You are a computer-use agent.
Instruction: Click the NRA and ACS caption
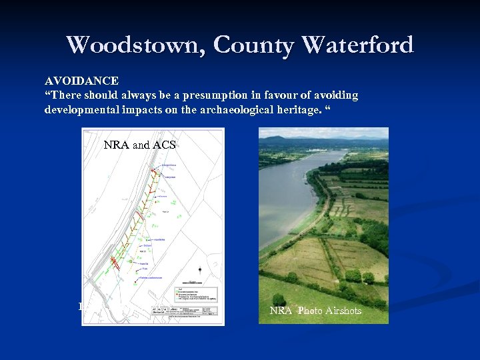coord(139,145)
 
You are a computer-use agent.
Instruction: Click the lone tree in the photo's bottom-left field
coord(278,299)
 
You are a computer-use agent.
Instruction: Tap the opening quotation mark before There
coord(47,95)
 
